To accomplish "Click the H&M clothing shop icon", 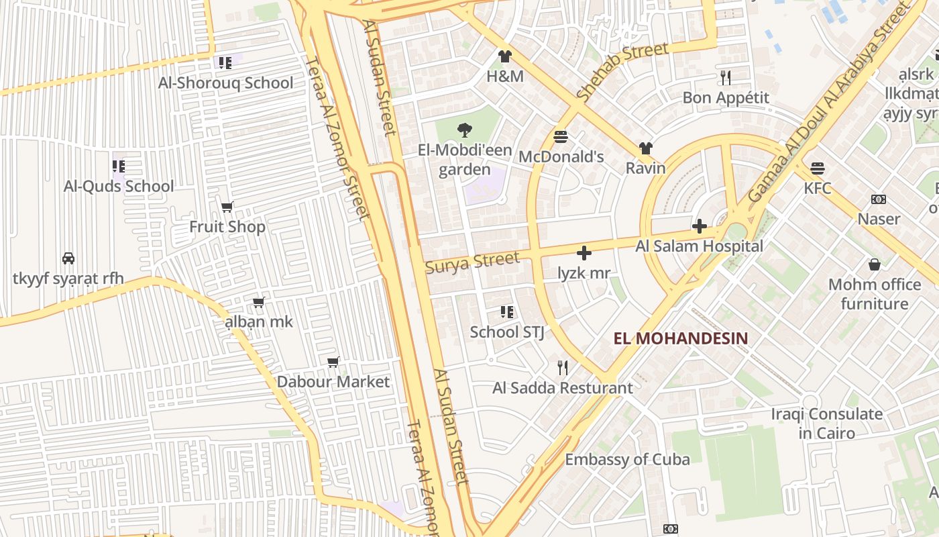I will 505,56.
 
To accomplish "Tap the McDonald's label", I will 561,157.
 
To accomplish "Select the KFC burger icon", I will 818,168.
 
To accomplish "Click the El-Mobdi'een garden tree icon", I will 464,130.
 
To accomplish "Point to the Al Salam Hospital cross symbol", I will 700,226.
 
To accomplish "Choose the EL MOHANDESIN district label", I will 680,338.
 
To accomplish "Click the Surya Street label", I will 472,262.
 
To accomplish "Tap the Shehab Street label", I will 622,72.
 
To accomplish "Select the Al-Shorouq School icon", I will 225,63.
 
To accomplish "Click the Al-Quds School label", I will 119,187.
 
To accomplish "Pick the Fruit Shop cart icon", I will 227,207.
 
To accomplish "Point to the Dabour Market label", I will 333,382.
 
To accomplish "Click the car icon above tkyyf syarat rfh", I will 68,258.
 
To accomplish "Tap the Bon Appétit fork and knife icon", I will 726,78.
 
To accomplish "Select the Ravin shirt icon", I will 646,148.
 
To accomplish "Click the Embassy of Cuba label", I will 627,460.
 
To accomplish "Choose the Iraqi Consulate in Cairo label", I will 827,424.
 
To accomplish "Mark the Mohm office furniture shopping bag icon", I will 875,264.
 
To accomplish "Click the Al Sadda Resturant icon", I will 563,367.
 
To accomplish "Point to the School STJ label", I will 507,332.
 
